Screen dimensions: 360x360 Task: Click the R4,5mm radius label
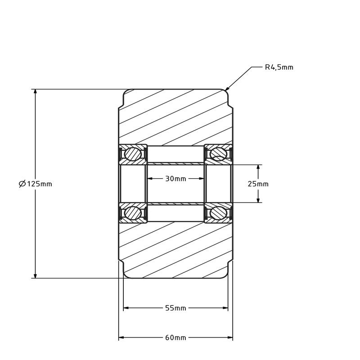279,67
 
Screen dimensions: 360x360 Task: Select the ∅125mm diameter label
36,184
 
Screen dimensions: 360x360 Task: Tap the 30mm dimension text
175,179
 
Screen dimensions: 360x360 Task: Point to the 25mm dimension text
258,184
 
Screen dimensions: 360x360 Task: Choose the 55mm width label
175,308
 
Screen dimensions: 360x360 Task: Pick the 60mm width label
175,337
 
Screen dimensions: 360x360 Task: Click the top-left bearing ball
133,154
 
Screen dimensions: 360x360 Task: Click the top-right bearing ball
218,154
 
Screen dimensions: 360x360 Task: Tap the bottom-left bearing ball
133,212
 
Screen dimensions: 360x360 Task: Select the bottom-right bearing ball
218,212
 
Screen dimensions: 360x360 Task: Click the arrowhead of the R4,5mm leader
227,89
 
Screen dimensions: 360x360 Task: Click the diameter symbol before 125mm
22,184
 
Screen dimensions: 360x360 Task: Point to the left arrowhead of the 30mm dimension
150,179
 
